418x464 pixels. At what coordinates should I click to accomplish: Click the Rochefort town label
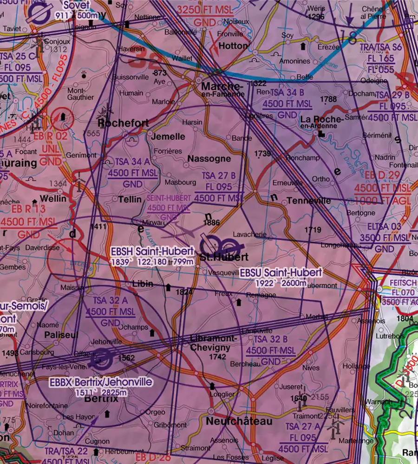(124, 123)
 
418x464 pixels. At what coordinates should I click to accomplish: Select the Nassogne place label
(209, 159)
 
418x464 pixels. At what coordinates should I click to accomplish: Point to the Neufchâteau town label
(239, 421)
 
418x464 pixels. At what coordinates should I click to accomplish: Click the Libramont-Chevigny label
(214, 343)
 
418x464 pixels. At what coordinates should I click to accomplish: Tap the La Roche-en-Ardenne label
(322, 122)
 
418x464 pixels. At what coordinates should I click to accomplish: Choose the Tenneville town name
(309, 200)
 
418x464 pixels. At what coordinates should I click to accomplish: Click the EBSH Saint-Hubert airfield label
(152, 251)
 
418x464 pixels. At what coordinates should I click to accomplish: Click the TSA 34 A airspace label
(133, 162)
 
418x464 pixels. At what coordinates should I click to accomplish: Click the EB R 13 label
(28, 210)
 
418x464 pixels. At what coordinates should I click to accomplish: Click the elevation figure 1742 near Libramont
(217, 357)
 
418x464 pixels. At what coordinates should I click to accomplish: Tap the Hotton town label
(233, 46)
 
